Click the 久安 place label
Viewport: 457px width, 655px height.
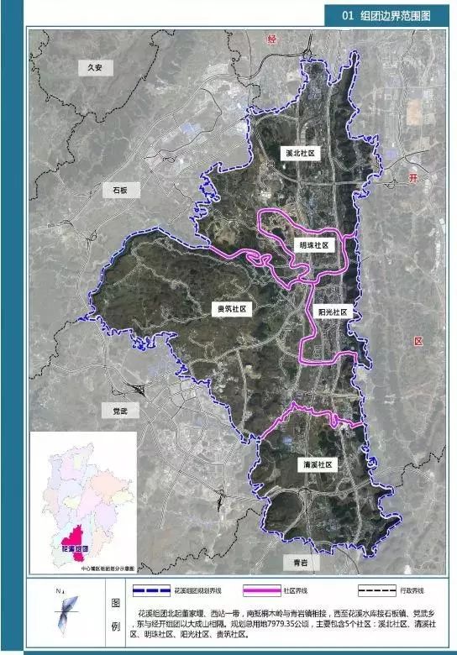[x=92, y=69]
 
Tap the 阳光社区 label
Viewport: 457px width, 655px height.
[x=333, y=311]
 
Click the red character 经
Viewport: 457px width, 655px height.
[x=271, y=39]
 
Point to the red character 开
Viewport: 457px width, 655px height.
[x=412, y=177]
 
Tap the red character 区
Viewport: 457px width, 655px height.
[x=418, y=341]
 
